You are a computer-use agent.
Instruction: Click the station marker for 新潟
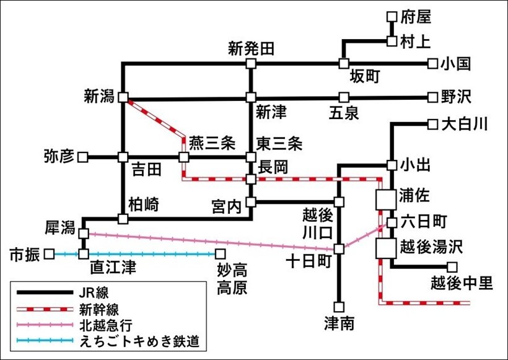(x=123, y=97)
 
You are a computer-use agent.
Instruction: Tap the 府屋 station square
(x=391, y=17)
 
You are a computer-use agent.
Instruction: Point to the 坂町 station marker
(x=344, y=63)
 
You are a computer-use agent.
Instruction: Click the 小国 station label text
(x=457, y=63)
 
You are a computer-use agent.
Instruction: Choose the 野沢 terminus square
(x=432, y=97)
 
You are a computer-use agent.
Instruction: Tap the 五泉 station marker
(x=344, y=97)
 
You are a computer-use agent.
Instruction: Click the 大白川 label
(x=465, y=125)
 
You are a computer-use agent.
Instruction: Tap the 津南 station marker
(x=339, y=305)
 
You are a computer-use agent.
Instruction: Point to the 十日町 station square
(x=339, y=248)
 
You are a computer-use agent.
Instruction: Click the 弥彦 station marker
(x=82, y=157)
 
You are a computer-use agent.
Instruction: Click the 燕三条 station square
(x=183, y=157)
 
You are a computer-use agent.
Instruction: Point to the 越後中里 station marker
(x=452, y=267)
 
